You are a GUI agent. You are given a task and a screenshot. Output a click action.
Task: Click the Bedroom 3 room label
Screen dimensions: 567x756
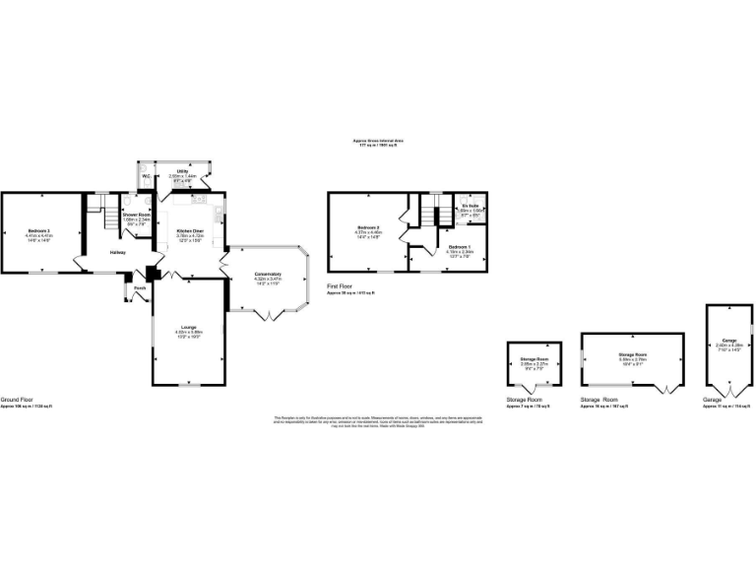pos(40,230)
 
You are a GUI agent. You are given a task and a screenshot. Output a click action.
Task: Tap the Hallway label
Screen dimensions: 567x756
pos(117,252)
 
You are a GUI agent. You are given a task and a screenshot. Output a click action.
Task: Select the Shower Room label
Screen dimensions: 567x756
pos(136,214)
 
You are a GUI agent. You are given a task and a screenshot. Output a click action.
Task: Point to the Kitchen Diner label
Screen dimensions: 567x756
pos(190,230)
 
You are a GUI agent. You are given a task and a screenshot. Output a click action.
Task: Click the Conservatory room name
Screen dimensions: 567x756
pos(268,275)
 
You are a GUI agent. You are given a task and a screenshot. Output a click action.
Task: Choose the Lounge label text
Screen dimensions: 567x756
pos(188,327)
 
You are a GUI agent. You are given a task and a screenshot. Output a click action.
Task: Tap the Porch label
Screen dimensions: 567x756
pos(140,288)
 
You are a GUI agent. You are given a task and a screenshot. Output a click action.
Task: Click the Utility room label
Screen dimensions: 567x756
pos(183,171)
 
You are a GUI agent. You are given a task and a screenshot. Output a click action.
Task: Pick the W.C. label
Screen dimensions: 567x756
pos(145,176)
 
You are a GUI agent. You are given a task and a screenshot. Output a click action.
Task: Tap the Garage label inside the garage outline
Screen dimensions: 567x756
pos(729,340)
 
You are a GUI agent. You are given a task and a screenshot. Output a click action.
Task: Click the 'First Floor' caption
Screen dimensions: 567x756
pos(341,286)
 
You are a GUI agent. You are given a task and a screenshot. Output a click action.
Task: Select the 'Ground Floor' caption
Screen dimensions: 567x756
pos(18,400)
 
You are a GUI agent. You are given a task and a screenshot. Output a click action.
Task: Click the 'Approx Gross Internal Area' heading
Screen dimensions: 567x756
pos(378,141)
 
